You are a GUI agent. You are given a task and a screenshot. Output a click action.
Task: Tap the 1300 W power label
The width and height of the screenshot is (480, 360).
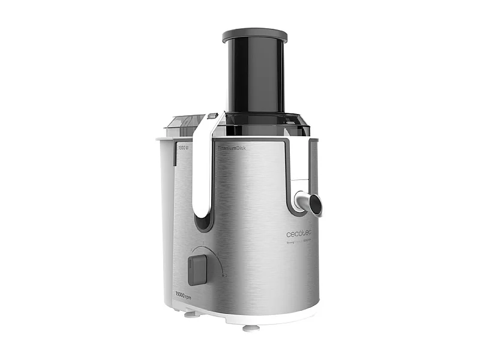183,146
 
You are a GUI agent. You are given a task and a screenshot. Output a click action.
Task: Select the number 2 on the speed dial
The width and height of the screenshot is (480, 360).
225,275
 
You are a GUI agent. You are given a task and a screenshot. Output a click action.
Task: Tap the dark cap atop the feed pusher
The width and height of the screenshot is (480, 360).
254,35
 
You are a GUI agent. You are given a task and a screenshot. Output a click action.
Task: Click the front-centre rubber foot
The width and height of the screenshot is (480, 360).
251,327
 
